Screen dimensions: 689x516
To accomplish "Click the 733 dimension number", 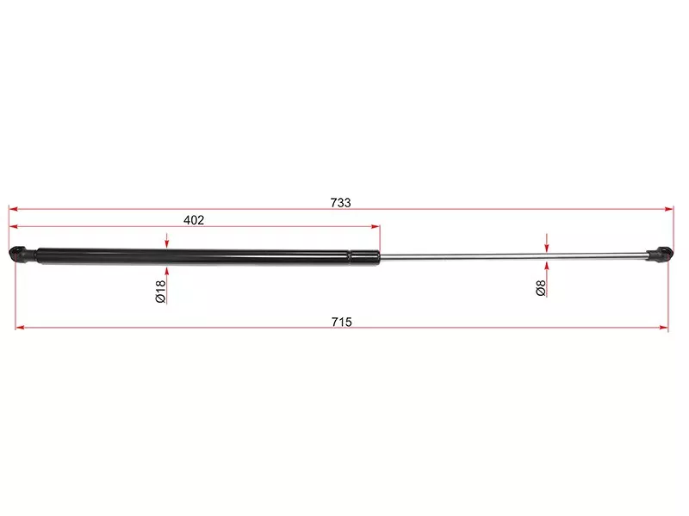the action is click(x=340, y=203).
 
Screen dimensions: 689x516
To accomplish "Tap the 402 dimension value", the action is click(x=194, y=220).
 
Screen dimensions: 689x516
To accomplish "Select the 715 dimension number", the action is click(x=341, y=322).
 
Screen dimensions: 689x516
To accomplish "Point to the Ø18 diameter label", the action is click(x=160, y=292).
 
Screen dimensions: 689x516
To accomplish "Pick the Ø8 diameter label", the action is click(x=541, y=288).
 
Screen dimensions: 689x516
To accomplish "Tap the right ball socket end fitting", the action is click(x=660, y=255).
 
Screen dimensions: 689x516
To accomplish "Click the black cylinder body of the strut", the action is click(x=208, y=256).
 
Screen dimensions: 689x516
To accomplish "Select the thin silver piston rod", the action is click(x=513, y=256).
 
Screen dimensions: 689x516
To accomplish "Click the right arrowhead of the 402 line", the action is click(x=376, y=227).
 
